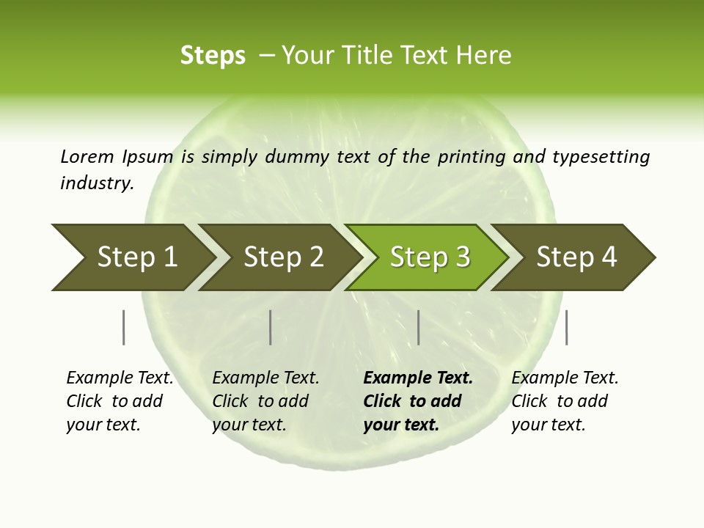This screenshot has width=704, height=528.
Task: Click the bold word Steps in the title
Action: (213, 55)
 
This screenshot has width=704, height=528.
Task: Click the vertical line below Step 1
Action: (123, 327)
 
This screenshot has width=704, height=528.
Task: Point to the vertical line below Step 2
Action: (271, 327)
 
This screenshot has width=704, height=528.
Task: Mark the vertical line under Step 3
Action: (418, 327)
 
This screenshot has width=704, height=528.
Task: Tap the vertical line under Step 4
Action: (566, 327)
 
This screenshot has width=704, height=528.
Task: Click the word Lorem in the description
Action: (87, 156)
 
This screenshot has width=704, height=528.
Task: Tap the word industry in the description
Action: (96, 183)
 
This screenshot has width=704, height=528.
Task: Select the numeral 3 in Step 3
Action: (462, 257)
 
